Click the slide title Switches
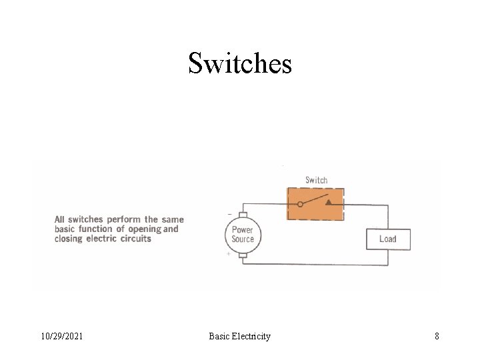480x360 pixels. [x=240, y=63]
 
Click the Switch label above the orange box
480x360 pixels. [x=316, y=180]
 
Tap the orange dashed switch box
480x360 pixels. [x=315, y=203]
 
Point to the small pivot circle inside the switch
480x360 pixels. [x=300, y=205]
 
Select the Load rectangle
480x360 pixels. [x=387, y=239]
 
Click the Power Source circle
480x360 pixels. [x=243, y=235]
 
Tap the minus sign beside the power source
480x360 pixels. [x=230, y=214]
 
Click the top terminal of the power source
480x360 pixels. [x=243, y=215]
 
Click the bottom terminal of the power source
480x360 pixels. [x=243, y=255]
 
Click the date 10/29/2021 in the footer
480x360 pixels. [x=61, y=336]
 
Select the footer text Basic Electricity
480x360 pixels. [x=239, y=336]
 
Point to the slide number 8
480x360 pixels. [x=437, y=336]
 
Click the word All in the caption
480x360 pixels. [x=60, y=219]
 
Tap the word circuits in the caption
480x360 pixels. [x=135, y=238]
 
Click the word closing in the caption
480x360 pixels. [x=69, y=238]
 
